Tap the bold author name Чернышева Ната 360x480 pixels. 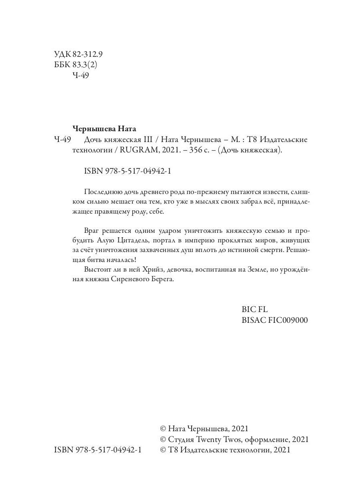(x=104, y=129)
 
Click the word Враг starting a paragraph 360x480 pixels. (x=93, y=231)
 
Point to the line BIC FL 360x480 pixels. (x=255, y=310)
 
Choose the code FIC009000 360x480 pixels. (x=287, y=320)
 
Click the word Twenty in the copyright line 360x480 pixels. (x=207, y=440)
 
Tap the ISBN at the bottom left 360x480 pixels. (x=98, y=450)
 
